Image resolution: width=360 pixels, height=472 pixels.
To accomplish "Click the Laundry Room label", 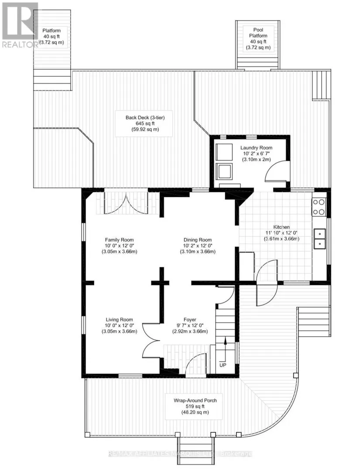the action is tap(256, 148).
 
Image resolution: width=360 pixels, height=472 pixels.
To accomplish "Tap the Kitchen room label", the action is tap(281, 227).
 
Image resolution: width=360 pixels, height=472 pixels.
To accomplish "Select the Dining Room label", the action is tap(198, 240).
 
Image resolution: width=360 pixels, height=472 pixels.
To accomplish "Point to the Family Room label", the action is tap(119, 240).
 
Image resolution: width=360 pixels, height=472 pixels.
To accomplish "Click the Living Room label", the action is tap(119, 320).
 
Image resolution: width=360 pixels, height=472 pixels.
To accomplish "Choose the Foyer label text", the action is tap(190, 320).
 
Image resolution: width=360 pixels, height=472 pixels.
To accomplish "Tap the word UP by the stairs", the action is tap(223, 365).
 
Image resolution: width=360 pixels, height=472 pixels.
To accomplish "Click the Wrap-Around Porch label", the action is tap(195, 400).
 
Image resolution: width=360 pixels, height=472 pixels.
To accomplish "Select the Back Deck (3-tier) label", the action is tap(145, 118).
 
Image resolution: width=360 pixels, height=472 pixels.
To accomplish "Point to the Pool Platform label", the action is tap(258, 33).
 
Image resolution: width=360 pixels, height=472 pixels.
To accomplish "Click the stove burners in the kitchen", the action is tap(319, 207).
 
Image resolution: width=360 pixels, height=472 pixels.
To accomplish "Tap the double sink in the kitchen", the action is tap(320, 239).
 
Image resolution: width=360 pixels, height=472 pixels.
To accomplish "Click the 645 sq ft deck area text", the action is tap(145, 123).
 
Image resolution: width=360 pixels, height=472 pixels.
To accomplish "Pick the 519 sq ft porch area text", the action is tap(195, 407).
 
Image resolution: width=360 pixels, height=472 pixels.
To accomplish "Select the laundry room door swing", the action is tap(276, 171).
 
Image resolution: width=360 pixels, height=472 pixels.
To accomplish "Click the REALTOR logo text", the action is tap(20, 44).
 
